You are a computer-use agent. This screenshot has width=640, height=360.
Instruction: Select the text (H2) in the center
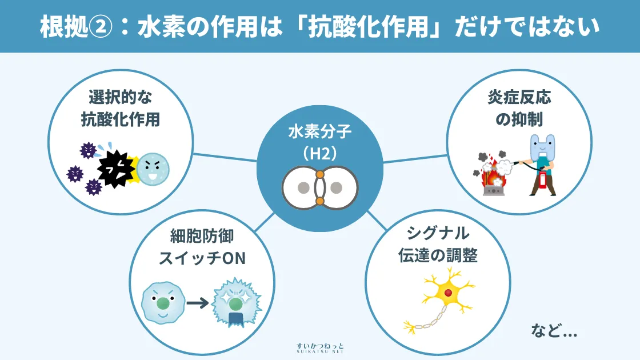319,153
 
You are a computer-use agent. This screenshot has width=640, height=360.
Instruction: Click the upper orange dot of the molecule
320,174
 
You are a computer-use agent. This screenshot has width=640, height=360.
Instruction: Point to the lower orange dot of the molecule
320,201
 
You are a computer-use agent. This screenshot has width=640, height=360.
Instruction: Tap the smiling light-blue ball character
153,169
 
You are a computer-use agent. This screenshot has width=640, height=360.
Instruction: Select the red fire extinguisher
542,177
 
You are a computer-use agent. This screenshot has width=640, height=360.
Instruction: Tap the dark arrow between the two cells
197,302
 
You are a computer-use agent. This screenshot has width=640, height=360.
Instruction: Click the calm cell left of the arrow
162,301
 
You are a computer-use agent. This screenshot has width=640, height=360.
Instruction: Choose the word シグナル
438,234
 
